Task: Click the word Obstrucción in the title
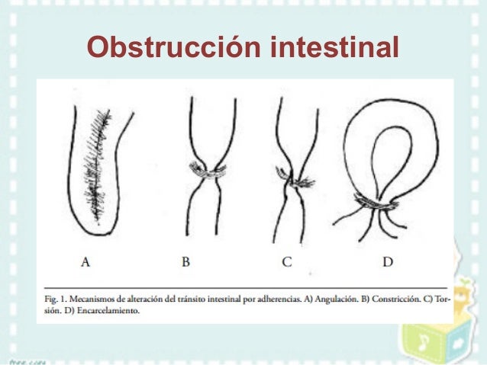[x=175, y=46]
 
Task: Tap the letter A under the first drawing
[x=86, y=263]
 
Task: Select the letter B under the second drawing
[x=185, y=263]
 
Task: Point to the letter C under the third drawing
[x=286, y=263]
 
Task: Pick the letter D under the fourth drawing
[x=388, y=263]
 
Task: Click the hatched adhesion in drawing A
[x=98, y=164]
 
